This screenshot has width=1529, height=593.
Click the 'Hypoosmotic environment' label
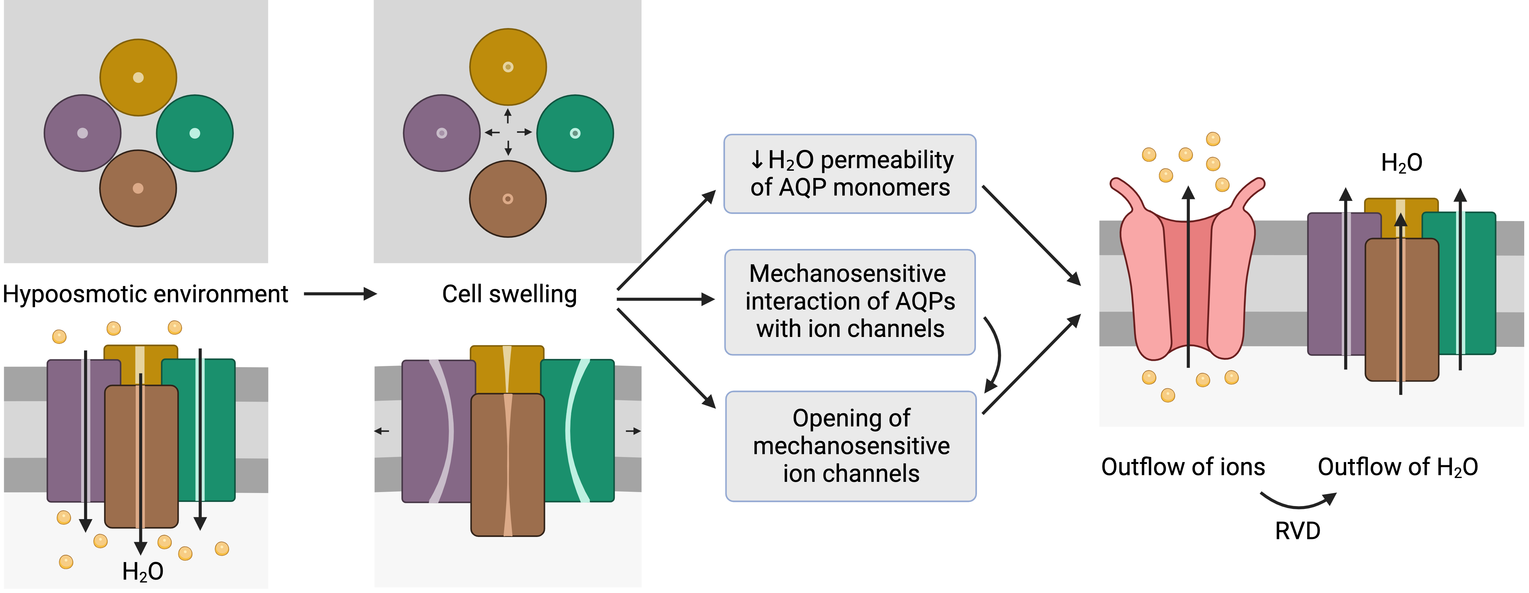pyautogui.click(x=146, y=294)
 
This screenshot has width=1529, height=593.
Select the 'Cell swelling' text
pyautogui.click(x=509, y=294)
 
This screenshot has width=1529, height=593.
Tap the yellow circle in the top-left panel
pyautogui.click(x=138, y=77)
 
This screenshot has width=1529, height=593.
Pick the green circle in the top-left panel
pyautogui.click(x=195, y=133)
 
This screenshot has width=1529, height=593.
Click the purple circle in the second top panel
pyautogui.click(x=441, y=133)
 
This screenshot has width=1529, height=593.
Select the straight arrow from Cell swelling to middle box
pyautogui.click(x=665, y=300)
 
